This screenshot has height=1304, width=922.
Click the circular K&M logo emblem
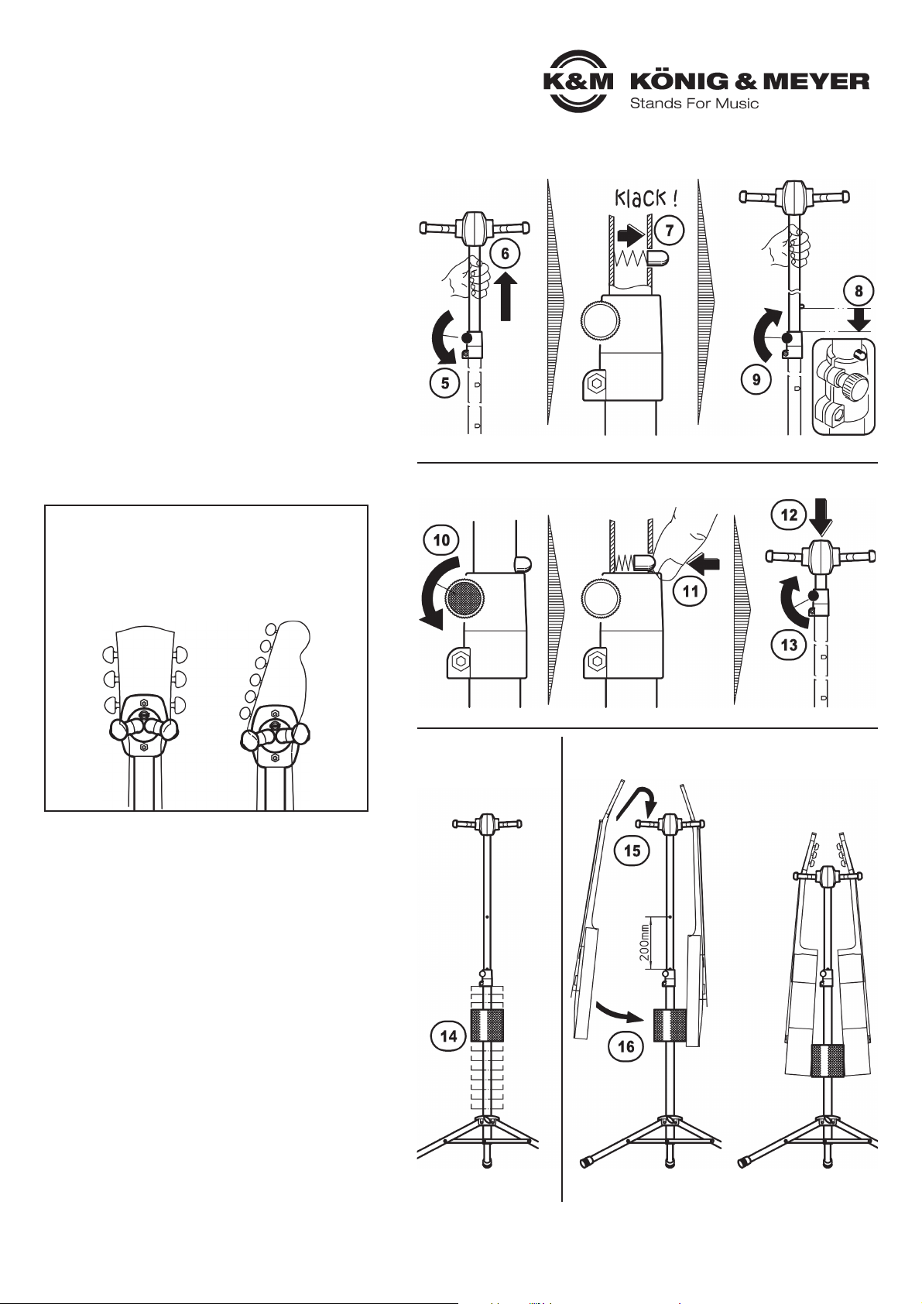(x=578, y=81)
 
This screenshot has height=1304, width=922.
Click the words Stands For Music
(x=694, y=104)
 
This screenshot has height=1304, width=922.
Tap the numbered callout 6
(x=505, y=253)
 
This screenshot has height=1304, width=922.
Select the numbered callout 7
(x=669, y=231)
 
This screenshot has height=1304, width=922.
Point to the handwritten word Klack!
(x=646, y=199)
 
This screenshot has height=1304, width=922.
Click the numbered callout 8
(x=859, y=290)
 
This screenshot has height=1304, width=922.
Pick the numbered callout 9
(x=756, y=379)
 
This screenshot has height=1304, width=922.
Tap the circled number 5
(x=445, y=384)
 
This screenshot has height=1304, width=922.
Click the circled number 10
(x=441, y=540)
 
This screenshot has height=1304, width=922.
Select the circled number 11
(x=691, y=591)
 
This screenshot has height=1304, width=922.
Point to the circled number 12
(x=789, y=515)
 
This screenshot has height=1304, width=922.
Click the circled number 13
(x=789, y=645)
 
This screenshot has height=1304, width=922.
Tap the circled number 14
(x=448, y=1036)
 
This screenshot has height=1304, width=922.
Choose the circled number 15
(x=632, y=851)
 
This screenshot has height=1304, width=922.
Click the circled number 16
(x=626, y=1047)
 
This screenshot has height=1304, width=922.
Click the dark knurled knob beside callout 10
(x=464, y=597)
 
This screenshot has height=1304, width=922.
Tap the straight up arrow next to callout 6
(x=506, y=296)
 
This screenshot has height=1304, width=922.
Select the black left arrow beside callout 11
(x=703, y=563)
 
